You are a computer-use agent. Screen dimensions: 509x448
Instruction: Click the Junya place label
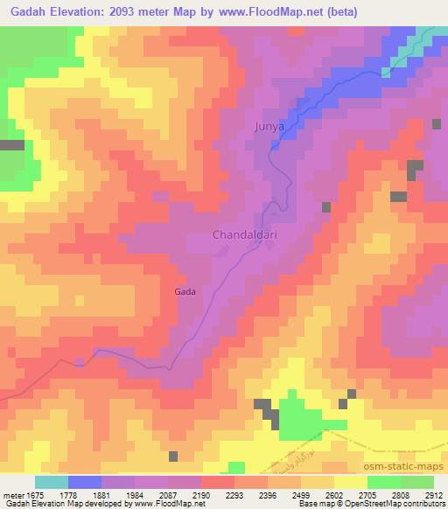tap(269, 127)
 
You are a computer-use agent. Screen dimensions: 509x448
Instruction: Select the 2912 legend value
tap(423, 495)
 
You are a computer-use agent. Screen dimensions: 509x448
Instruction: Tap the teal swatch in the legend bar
tap(51, 482)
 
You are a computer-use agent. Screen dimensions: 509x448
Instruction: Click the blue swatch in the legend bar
tap(84, 482)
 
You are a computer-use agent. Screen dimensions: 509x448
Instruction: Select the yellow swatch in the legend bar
tap(350, 482)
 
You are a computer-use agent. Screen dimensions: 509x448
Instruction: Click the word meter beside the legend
tap(11, 495)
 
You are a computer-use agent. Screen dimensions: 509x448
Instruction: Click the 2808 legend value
tap(390, 495)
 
